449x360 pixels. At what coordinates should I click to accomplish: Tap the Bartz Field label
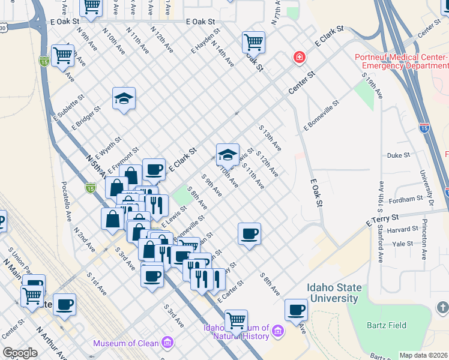[387, 325]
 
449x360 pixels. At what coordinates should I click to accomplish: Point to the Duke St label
[398, 155]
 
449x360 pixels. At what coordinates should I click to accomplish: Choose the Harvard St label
[402, 229]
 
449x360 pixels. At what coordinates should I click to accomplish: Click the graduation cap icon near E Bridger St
[124, 98]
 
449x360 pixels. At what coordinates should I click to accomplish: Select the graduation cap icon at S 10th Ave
[228, 155]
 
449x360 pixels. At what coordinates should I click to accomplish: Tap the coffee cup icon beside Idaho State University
[296, 310]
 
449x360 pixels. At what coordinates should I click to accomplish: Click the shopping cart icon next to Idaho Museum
[237, 320]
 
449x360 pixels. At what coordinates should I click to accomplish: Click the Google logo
[20, 353]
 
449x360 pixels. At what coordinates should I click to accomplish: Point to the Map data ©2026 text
[424, 355]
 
